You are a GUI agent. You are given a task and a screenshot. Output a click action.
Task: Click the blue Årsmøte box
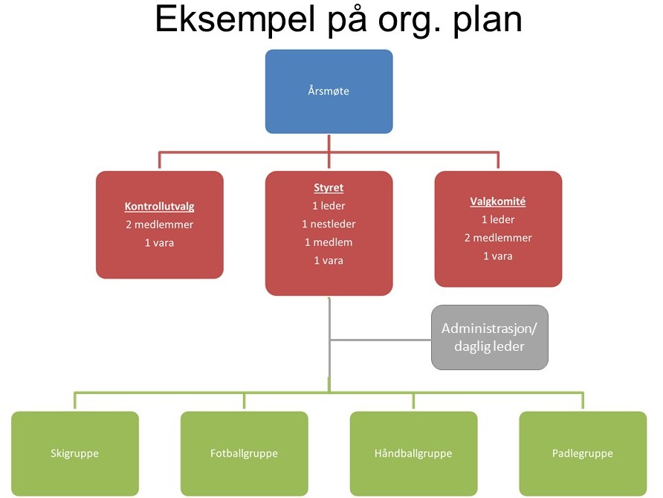[x=329, y=91]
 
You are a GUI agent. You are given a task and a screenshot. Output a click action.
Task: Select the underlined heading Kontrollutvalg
[x=159, y=207]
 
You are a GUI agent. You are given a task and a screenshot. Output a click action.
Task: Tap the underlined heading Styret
[x=329, y=188]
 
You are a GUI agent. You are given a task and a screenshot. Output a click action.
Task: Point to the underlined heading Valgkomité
[x=498, y=201]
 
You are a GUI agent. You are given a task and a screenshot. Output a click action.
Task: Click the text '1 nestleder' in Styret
[x=329, y=224]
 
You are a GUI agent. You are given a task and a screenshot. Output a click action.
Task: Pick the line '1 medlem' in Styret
[x=329, y=242]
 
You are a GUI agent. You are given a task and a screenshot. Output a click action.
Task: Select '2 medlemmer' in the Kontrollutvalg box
[x=159, y=224]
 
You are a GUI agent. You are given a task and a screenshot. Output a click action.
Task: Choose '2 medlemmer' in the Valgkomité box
[x=498, y=238]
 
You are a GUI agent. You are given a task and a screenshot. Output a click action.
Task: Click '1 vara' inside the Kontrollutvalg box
[x=159, y=242]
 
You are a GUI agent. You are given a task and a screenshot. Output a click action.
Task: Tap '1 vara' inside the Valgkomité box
[x=498, y=256]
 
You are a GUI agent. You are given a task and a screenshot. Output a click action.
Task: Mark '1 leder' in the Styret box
[x=329, y=206]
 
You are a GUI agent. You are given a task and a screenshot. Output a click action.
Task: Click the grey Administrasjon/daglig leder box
[x=490, y=337]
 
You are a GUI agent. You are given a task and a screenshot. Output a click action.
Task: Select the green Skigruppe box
[x=75, y=453]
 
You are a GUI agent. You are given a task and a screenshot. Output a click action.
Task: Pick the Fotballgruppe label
[x=244, y=453]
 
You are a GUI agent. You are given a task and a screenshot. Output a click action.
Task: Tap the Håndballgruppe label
[x=413, y=453]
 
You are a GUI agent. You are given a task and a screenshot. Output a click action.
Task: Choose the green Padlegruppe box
[x=583, y=453]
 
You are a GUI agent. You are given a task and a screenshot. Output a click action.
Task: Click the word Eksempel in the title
[x=235, y=19]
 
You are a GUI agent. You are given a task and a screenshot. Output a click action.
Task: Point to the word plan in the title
[x=488, y=19]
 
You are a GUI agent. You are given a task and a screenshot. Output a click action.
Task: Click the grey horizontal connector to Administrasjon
[x=380, y=340]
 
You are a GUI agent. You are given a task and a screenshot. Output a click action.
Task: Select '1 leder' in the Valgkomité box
[x=498, y=219]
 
